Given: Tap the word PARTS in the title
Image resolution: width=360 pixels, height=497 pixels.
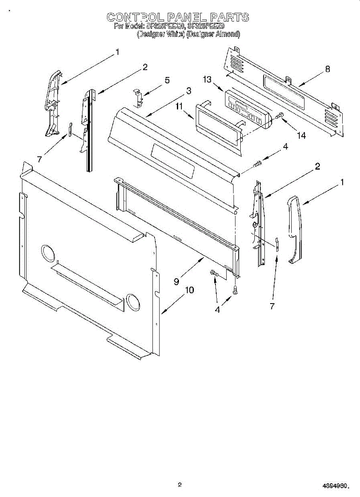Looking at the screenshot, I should click(x=229, y=17).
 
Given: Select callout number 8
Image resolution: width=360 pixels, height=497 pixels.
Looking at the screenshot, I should click(x=328, y=69).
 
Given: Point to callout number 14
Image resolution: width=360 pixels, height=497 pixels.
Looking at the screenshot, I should click(x=301, y=135).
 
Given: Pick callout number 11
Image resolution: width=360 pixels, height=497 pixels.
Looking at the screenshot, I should click(x=179, y=107).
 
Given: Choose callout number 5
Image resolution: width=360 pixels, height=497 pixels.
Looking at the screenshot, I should click(x=167, y=80).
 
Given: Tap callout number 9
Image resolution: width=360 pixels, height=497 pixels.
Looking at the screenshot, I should click(x=176, y=281).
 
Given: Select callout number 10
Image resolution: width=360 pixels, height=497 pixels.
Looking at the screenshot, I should click(x=189, y=290).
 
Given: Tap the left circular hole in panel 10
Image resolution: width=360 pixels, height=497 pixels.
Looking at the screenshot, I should click(x=48, y=253).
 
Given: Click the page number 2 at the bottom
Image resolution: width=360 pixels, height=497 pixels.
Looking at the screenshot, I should click(x=180, y=484).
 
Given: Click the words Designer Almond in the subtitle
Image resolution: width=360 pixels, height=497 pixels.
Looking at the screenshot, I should click(x=213, y=34).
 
